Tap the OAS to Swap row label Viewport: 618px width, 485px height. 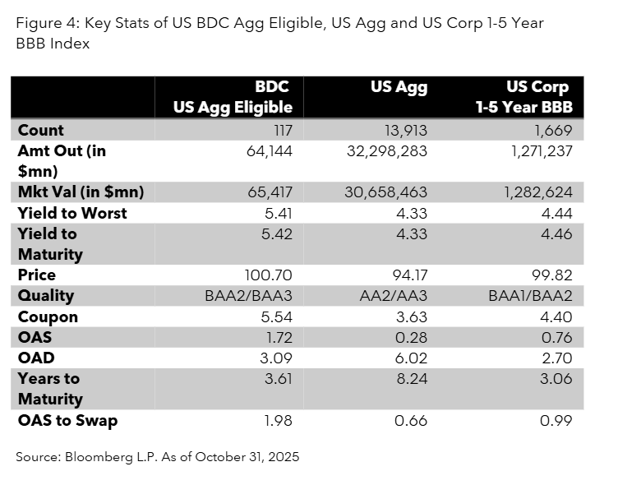click(x=67, y=421)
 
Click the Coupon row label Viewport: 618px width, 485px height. click(x=48, y=316)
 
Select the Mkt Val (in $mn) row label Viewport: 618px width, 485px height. click(x=81, y=192)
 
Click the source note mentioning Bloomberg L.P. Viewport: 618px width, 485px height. click(x=157, y=457)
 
